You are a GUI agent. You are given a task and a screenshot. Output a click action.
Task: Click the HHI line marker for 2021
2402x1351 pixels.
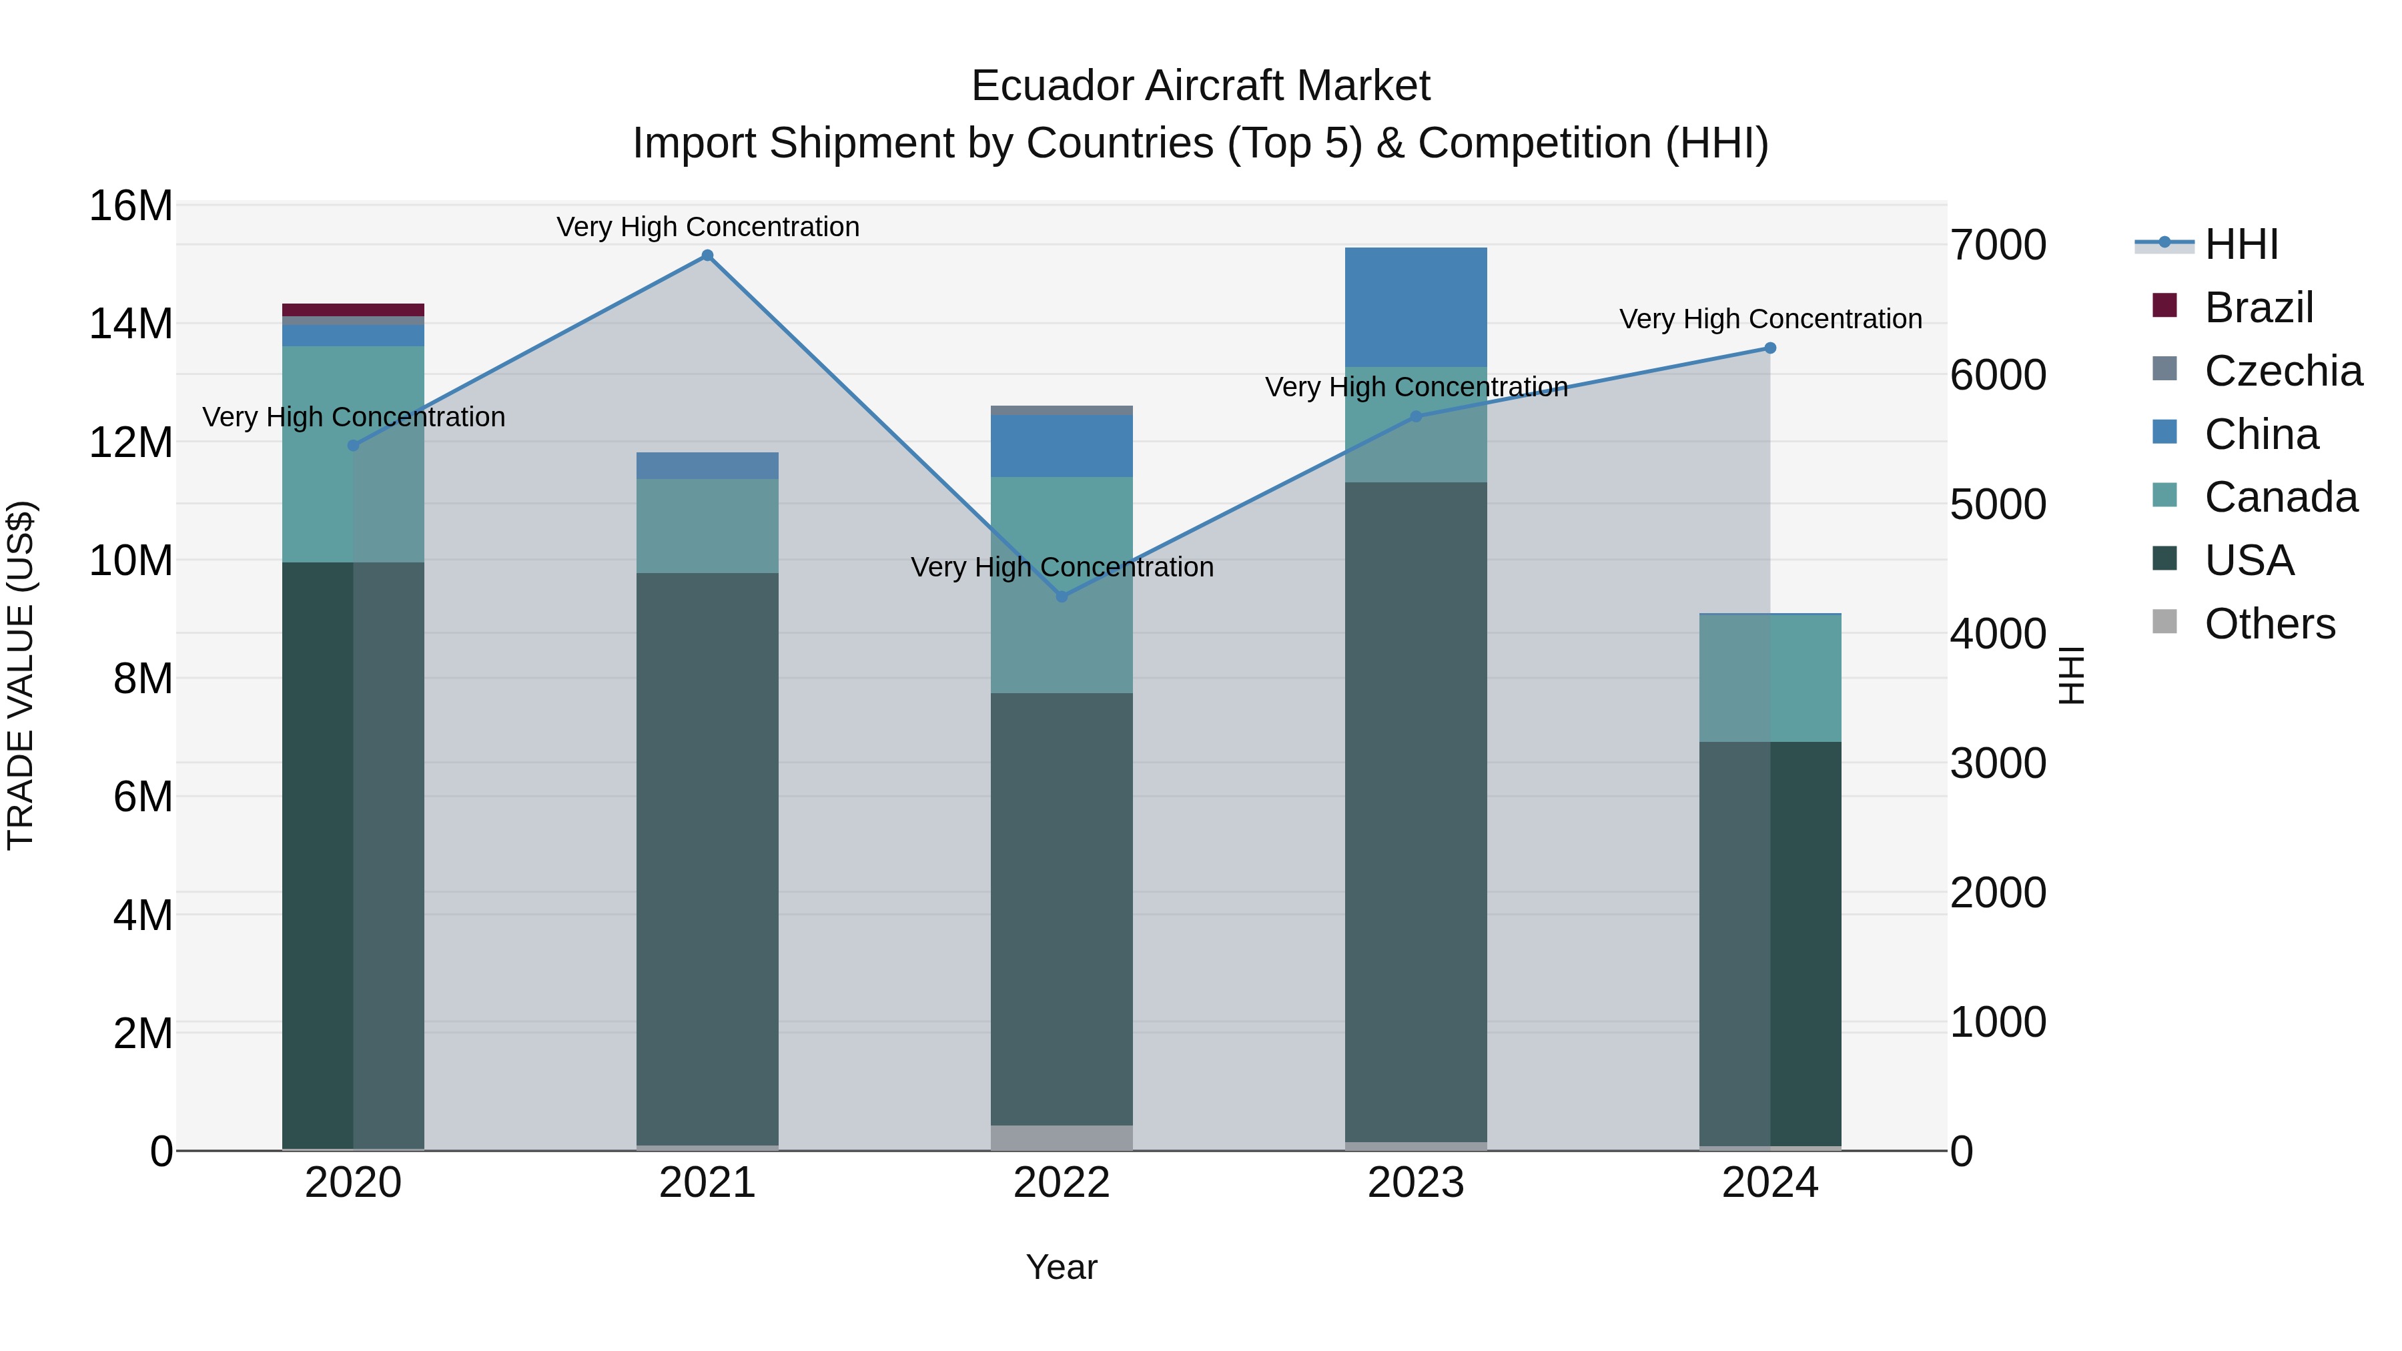(x=707, y=256)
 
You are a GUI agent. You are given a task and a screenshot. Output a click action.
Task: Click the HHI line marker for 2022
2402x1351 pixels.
(x=1061, y=596)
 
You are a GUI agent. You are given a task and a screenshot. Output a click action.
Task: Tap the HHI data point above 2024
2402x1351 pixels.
(x=1769, y=348)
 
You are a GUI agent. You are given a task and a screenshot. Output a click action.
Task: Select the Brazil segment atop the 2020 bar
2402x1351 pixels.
(x=352, y=310)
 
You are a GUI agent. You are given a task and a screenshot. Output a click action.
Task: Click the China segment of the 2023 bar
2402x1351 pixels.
(x=1415, y=307)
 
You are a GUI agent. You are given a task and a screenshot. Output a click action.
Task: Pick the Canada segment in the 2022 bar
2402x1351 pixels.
(x=1061, y=584)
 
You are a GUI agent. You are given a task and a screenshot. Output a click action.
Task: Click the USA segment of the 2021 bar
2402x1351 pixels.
(x=707, y=858)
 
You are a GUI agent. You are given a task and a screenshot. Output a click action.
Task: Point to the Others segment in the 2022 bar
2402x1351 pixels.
(x=1061, y=1138)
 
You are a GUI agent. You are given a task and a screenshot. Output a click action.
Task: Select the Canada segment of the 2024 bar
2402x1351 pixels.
(x=1769, y=678)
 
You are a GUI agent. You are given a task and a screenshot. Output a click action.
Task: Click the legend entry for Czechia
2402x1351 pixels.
(x=2283, y=371)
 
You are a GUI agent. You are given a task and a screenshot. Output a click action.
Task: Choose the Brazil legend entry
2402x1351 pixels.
(x=2259, y=308)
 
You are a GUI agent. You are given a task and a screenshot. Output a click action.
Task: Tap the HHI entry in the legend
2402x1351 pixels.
(x=2241, y=244)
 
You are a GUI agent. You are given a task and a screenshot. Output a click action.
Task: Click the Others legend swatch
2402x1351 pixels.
(x=2164, y=622)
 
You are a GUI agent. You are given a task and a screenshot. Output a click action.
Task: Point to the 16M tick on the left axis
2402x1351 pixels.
(x=131, y=205)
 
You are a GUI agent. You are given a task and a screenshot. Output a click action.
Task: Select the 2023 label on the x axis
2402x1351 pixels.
(x=1415, y=1183)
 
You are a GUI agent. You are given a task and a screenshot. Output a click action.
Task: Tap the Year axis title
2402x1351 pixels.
(x=1061, y=1267)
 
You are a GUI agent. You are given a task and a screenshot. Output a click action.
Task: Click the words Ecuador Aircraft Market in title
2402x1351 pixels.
(x=1200, y=86)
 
